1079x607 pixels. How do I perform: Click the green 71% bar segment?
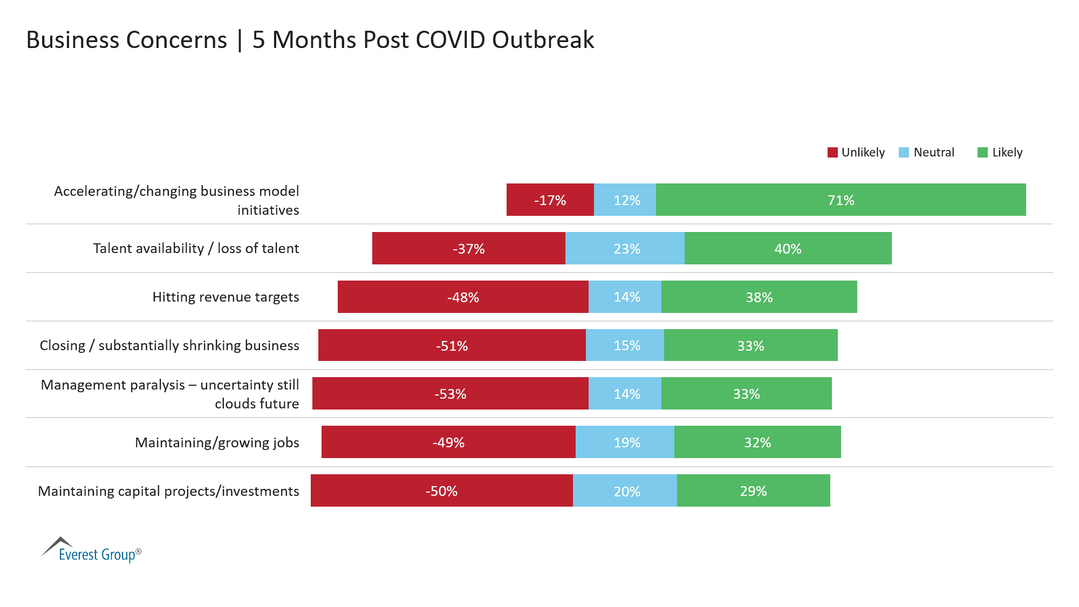[841, 200]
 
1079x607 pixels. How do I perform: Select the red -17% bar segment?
[550, 200]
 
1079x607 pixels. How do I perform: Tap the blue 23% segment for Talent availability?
[625, 248]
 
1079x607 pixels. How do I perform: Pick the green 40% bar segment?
[788, 248]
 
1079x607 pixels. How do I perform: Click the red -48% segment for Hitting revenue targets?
[463, 297]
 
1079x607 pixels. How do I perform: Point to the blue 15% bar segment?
[625, 345]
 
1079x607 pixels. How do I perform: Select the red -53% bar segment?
[450, 393]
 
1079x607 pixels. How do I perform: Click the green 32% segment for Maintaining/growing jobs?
[757, 442]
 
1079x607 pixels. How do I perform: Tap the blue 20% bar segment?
[625, 490]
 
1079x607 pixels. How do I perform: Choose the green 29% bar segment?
[753, 490]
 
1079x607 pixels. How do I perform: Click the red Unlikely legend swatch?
[832, 153]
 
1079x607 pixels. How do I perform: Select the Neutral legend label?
[934, 153]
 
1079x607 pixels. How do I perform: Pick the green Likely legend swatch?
[982, 153]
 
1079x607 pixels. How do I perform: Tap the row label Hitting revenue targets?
[226, 297]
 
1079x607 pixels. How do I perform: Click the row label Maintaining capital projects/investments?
[168, 491]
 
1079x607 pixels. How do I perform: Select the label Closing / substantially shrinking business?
[169, 345]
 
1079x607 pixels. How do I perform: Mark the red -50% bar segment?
[441, 490]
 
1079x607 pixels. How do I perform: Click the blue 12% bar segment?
[625, 200]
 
